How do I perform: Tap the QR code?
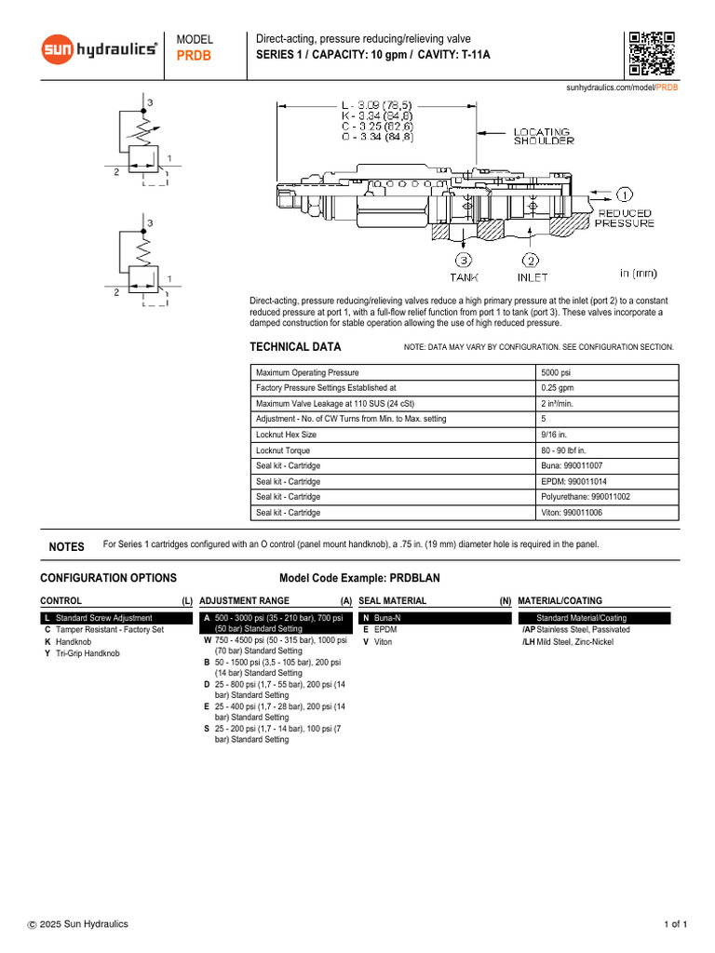click(651, 53)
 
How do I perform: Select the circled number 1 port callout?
click(624, 195)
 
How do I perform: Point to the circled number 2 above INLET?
click(531, 261)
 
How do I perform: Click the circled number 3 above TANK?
click(464, 261)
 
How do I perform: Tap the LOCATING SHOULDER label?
click(545, 137)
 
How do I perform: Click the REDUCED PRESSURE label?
click(625, 219)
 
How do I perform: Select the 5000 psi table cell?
click(557, 372)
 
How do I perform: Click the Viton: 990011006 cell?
click(572, 512)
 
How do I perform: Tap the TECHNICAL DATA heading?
click(295, 347)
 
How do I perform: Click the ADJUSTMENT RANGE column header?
click(244, 601)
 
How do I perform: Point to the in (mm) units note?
click(639, 274)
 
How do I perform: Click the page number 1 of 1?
click(675, 924)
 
